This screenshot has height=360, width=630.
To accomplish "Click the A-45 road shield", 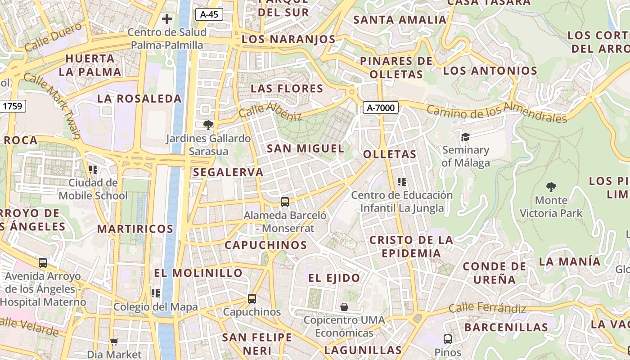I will [209, 14].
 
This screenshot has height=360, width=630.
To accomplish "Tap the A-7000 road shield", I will [381, 108].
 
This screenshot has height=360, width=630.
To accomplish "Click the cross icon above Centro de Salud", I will [167, 19].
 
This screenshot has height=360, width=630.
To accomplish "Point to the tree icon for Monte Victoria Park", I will [551, 187].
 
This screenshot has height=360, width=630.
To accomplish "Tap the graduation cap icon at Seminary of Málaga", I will [465, 137].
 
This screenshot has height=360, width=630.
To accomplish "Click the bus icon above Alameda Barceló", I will [284, 202].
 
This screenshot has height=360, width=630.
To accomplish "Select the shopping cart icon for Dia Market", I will [114, 342].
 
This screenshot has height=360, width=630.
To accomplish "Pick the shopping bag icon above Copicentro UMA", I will [344, 307].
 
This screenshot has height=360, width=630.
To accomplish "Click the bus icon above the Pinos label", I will [447, 339].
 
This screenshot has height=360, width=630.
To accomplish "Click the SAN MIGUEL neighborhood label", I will [306, 148].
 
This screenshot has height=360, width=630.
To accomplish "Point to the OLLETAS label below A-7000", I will [390, 154].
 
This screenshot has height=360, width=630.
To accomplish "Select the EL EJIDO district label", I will [334, 278].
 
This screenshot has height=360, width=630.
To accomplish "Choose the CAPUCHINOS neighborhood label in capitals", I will [265, 245].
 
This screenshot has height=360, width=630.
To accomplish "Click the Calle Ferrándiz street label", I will [487, 309].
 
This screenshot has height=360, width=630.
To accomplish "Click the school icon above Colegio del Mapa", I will [156, 293].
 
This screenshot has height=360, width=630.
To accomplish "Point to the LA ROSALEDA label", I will [139, 99].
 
